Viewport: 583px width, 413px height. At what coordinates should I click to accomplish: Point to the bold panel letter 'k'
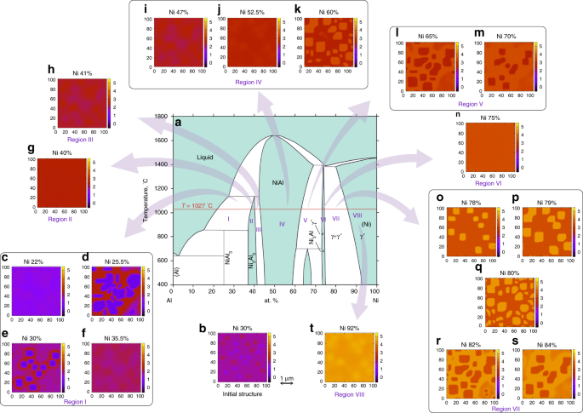click(x=296, y=10)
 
